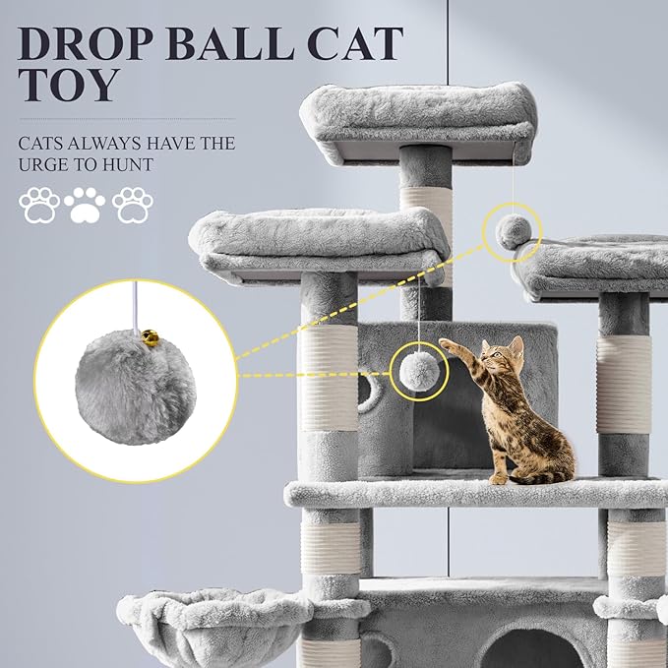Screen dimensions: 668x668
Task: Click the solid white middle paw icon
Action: [x=85, y=205]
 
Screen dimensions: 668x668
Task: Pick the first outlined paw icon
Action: [x=38, y=205]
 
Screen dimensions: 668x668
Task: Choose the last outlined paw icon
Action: [x=132, y=205]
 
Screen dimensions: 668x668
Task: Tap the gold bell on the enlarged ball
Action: [x=148, y=336]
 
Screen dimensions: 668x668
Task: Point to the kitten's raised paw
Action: [x=448, y=345]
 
